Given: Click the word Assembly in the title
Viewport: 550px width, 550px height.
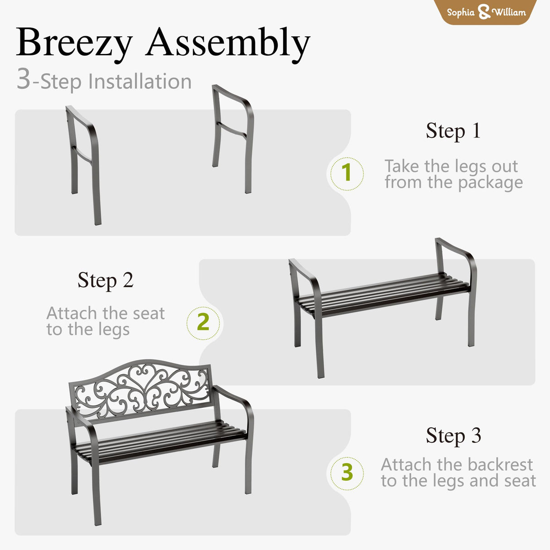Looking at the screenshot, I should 228,43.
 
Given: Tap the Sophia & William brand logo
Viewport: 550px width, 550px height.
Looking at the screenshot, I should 486,12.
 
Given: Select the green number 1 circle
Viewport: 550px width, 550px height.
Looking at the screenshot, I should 347,173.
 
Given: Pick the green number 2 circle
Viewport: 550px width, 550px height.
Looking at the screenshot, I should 203,323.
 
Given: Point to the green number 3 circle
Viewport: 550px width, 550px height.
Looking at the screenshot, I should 347,473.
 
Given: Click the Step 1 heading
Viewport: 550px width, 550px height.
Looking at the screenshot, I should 453,131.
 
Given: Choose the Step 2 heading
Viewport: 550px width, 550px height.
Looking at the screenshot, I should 105,280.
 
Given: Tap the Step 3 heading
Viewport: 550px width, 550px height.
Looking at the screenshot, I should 453,436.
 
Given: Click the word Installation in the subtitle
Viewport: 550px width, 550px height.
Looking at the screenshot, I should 140,82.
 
